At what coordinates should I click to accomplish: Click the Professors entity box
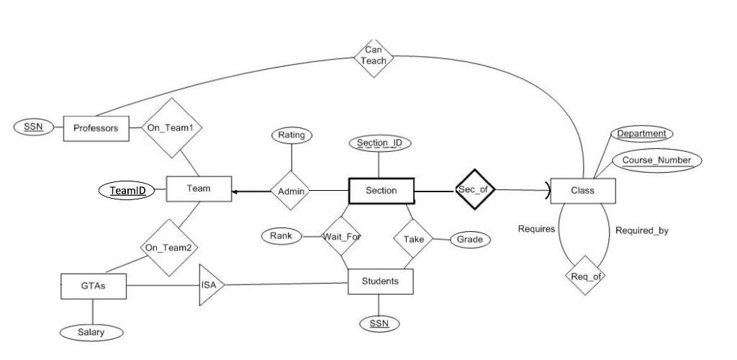95,128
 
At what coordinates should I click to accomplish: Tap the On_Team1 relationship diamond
171,128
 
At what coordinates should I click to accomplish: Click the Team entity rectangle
199,189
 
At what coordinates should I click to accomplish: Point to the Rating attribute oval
291,135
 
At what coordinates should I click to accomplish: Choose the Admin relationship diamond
291,192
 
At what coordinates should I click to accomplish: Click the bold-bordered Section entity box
381,191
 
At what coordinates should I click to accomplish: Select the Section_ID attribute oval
379,143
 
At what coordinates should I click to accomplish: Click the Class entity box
582,191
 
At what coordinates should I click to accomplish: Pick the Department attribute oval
641,134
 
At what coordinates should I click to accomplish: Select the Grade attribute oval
471,240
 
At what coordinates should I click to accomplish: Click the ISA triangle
211,285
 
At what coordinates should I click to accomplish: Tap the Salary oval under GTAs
91,332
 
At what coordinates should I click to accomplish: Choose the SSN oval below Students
379,323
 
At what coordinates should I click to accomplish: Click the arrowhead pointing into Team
236,191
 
